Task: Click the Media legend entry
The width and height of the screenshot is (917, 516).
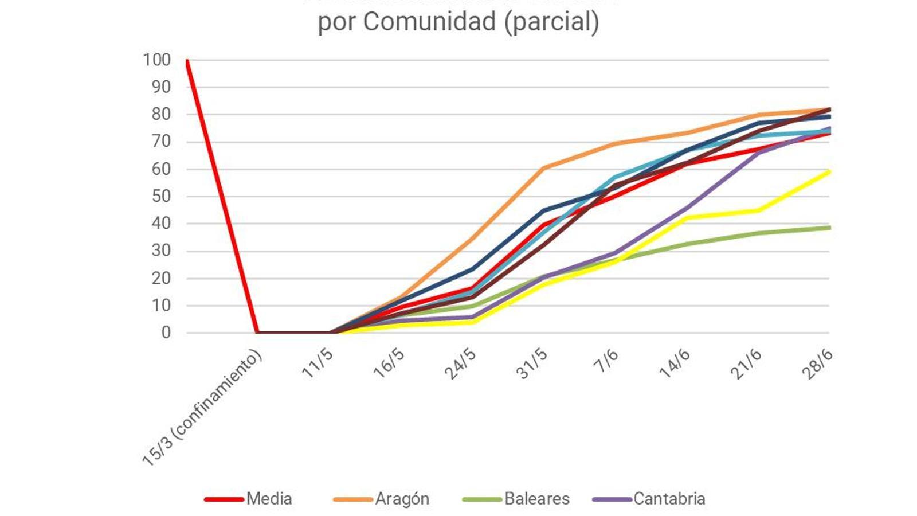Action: coord(268,499)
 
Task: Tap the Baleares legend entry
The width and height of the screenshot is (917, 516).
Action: coord(536,499)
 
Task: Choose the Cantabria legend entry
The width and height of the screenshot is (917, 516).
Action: coord(668,499)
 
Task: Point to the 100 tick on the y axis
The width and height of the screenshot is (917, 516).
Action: coord(156,60)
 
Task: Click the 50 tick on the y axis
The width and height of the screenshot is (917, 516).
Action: coord(161,196)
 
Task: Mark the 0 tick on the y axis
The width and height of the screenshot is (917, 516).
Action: coord(166,333)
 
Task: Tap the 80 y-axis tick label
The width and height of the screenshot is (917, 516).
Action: coord(161,114)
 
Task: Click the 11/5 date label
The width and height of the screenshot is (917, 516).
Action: coord(317,363)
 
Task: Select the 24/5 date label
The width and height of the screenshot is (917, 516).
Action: coord(460,363)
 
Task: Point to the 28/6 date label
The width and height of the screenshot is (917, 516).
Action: coord(817,363)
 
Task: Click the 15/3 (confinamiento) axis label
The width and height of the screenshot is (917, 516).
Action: coord(202,408)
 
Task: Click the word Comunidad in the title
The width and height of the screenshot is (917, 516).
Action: coord(430,22)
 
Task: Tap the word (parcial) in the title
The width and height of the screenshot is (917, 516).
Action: coord(551,22)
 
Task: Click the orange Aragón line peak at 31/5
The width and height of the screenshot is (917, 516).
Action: coord(543,168)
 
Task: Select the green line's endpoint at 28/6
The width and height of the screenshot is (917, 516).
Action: coord(828,228)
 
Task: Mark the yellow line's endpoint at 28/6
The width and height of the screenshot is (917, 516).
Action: coord(828,171)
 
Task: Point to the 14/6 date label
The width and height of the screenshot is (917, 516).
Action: coord(675,363)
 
